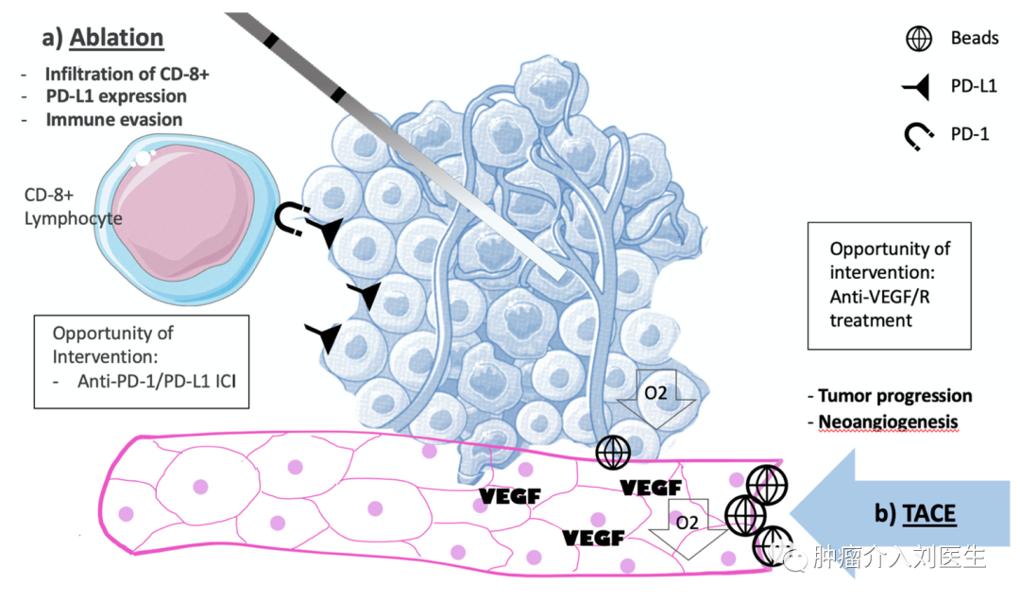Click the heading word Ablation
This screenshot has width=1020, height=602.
coord(116,38)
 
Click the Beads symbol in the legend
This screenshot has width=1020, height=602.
coord(919,39)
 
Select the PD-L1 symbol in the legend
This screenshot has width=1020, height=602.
coord(917,87)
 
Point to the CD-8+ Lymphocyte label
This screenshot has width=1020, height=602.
coord(73,206)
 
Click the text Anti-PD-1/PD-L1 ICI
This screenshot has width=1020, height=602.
coord(157,381)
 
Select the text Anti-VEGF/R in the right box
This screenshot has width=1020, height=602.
coord(879,297)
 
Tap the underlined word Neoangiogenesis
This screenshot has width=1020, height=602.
coord(888,421)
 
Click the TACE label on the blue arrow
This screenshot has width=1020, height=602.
coord(929,514)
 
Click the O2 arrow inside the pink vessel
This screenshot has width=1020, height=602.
coord(688,528)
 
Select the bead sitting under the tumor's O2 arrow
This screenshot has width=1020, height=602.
coord(613,452)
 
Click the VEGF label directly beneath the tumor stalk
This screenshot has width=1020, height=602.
coord(509,496)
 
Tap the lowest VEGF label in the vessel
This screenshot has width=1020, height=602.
coord(593,538)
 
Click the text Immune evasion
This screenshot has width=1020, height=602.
coord(114,120)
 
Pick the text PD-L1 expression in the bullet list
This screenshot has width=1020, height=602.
coord(116,96)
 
